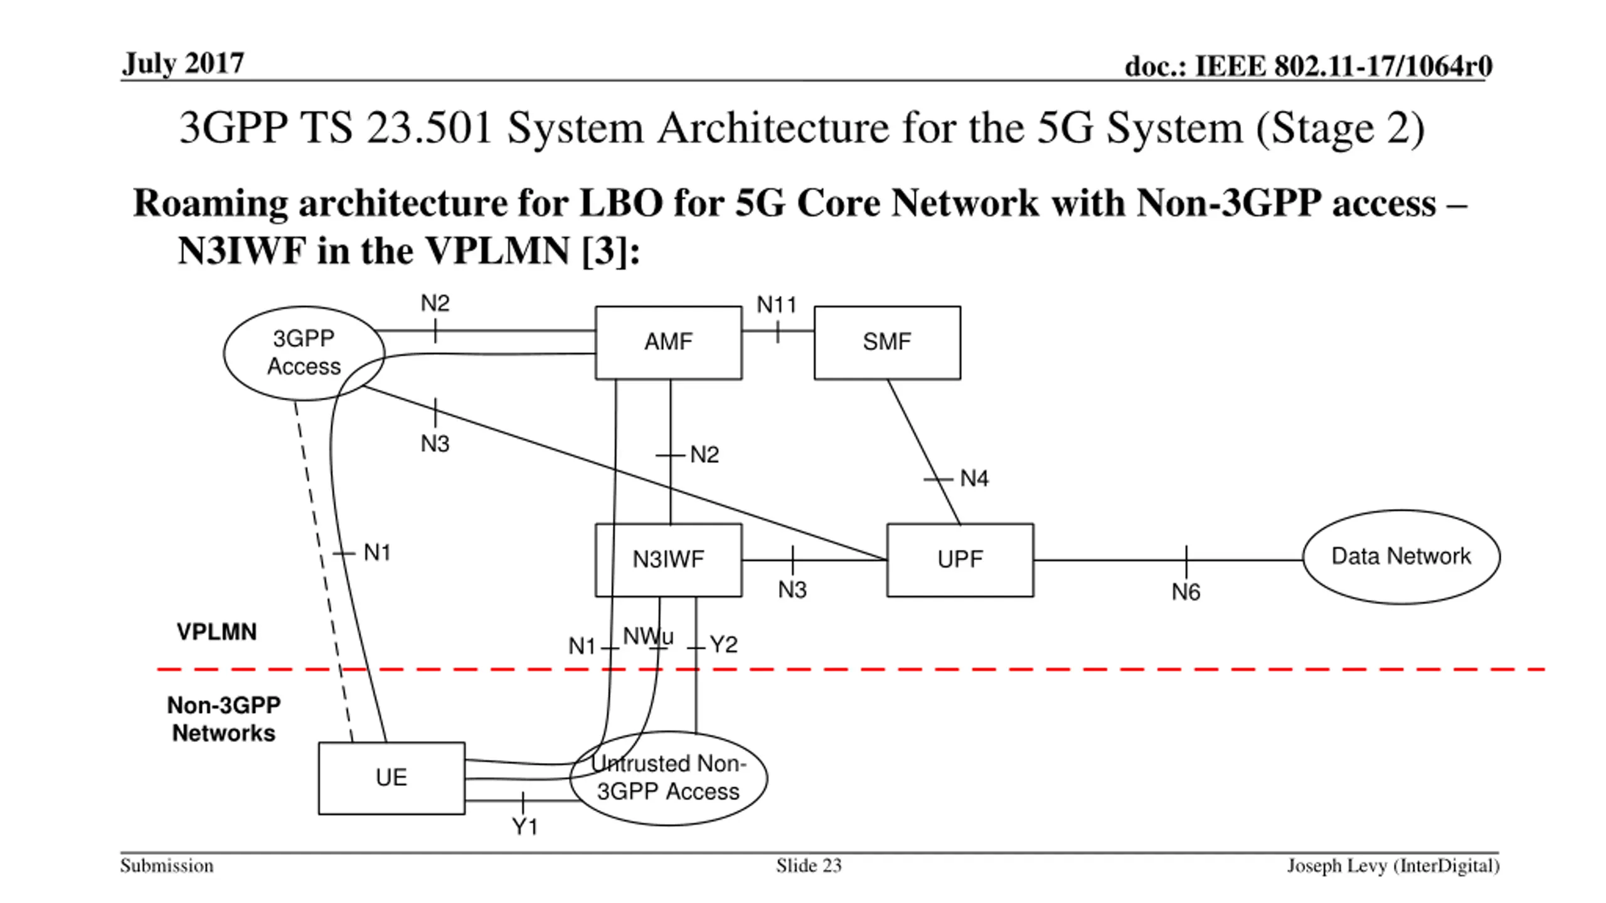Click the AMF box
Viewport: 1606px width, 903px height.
pos(668,342)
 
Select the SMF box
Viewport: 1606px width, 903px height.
pos(887,342)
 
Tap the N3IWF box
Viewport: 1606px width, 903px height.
pos(668,560)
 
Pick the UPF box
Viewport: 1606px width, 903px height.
pos(960,560)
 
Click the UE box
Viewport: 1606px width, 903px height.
pos(391,778)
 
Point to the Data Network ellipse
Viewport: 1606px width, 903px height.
pos(1401,557)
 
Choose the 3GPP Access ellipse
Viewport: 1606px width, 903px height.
pos(304,353)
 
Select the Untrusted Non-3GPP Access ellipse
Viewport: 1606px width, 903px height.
pos(668,778)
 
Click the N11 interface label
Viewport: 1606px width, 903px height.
pos(777,305)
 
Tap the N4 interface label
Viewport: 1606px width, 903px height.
pos(974,479)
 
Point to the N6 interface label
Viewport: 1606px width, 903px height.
pos(1186,593)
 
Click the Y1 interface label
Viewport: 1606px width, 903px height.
pos(525,827)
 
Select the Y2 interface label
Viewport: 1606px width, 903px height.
pos(723,645)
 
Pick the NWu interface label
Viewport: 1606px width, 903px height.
pos(648,636)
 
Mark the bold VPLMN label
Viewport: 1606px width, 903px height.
pos(216,632)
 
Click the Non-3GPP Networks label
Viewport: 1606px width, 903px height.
pos(224,719)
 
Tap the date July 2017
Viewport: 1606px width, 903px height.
pos(183,63)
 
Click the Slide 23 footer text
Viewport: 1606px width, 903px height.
pos(809,866)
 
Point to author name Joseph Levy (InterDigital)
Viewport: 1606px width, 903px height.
pos(1393,866)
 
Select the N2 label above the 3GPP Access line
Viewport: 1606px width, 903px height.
pos(435,304)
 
